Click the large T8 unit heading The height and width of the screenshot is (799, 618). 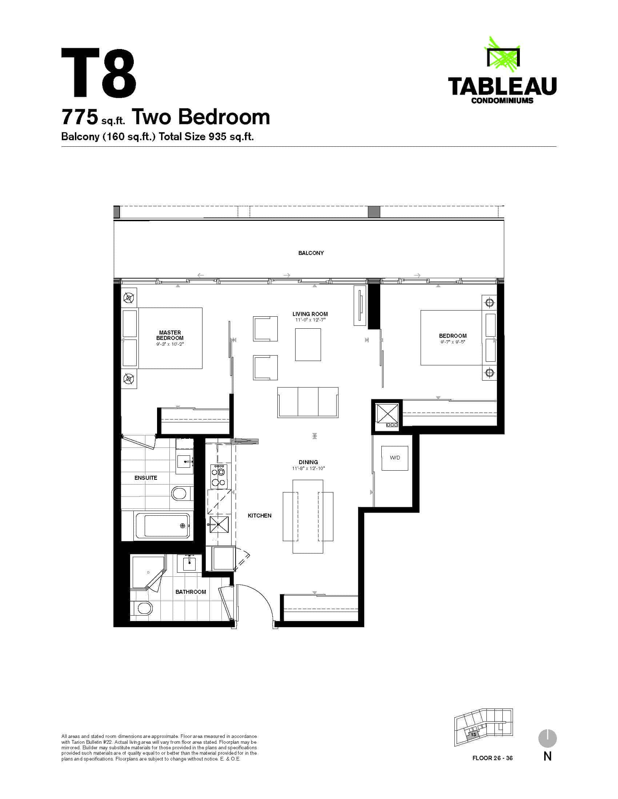pos(99,73)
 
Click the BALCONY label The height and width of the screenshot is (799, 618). pos(311,253)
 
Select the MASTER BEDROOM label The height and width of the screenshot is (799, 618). pos(170,335)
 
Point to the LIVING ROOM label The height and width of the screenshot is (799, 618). pos(310,314)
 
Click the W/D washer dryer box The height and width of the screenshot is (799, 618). pos(395,458)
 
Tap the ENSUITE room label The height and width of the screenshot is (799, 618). pos(146,478)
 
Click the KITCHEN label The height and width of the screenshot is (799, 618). pos(260,515)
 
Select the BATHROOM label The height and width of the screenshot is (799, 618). pos(190,592)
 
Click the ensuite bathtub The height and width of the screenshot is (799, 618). pos(162,526)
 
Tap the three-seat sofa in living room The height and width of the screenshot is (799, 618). pos(308,402)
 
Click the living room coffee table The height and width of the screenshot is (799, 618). pos(308,345)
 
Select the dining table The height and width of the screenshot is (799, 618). pos(308,516)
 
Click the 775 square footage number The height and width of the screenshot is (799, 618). pos(80,117)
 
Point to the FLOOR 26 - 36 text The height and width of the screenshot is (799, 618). pos(493,758)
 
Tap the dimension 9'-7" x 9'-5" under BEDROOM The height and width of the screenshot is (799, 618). pos(453,342)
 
